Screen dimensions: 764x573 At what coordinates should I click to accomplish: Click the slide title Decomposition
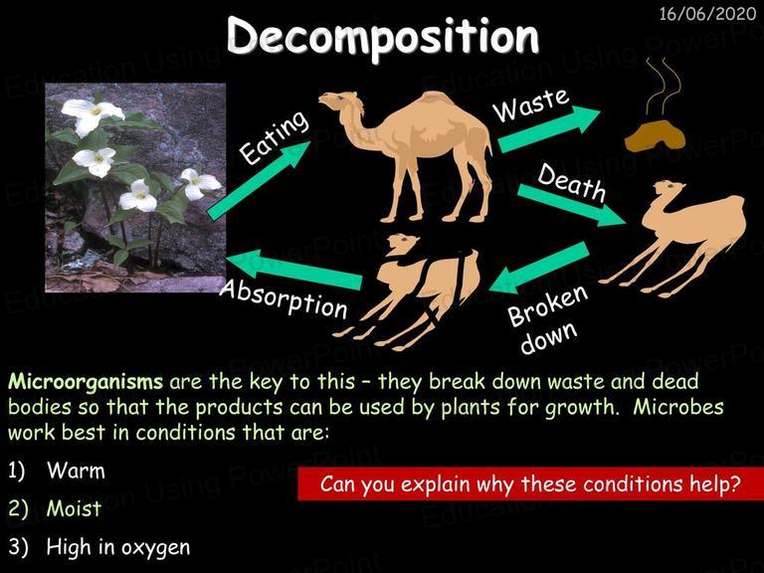383,37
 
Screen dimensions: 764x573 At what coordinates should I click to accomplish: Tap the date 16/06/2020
707,14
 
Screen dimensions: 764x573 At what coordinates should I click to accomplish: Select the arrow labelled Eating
259,181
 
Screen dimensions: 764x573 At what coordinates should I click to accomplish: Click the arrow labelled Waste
549,129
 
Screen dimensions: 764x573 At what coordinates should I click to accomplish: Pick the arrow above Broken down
539,268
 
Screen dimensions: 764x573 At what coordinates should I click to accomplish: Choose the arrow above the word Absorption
293,270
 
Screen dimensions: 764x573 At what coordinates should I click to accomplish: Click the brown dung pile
655,136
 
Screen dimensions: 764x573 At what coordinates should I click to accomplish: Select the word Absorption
284,299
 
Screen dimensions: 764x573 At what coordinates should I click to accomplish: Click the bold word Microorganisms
86,382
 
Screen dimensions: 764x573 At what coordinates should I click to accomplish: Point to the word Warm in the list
76,471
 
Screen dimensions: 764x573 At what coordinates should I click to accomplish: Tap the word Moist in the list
74,508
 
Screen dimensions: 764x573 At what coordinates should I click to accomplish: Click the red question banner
530,483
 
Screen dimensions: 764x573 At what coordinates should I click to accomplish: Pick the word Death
572,183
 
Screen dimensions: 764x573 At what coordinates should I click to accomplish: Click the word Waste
530,104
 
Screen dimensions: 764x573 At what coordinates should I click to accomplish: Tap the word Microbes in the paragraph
678,407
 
